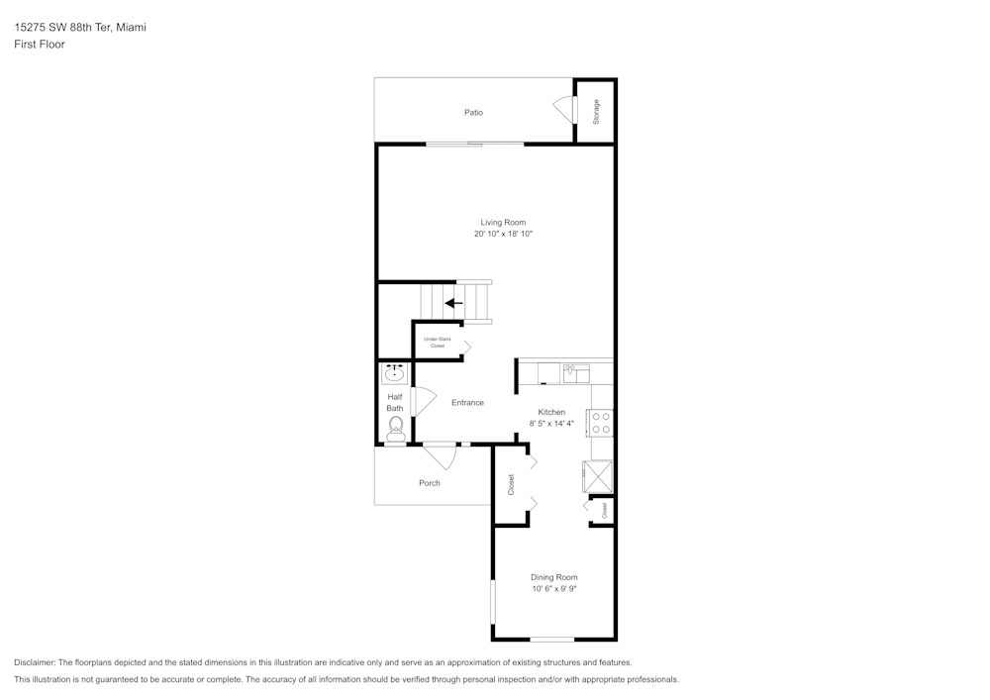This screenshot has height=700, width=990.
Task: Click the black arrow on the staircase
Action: [454, 303]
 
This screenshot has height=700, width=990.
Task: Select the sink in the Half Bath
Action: [395, 373]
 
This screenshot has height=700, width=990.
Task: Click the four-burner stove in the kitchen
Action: [600, 423]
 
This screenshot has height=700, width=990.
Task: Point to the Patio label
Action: [474, 113]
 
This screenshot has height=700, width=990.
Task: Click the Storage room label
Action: [596, 112]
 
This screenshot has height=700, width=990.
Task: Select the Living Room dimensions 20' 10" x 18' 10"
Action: [503, 235]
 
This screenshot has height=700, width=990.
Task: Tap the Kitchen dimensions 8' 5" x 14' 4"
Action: [551, 424]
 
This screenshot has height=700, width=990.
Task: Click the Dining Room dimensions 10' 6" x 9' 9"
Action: [553, 589]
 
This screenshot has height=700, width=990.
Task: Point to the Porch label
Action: [430, 483]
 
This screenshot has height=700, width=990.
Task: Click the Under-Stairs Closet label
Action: [437, 343]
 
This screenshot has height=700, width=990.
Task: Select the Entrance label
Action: [467, 403]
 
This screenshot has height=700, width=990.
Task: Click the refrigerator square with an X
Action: [599, 476]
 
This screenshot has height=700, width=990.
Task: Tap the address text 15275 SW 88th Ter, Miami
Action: [80, 28]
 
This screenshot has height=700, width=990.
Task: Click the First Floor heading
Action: [40, 45]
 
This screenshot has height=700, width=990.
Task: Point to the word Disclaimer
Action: [36, 662]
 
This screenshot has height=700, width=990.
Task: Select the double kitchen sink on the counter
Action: [576, 373]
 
